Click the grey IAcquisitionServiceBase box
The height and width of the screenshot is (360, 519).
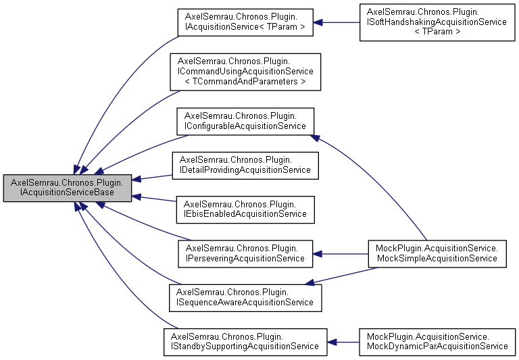point(67,188)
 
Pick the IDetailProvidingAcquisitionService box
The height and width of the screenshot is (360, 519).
point(245,165)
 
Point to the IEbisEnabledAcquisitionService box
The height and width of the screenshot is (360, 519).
point(245,209)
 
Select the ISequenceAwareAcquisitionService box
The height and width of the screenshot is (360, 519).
point(245,297)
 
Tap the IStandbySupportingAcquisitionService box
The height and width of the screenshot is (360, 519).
point(245,341)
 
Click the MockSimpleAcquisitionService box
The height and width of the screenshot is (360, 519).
point(437,254)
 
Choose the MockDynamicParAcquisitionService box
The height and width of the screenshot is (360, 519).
point(436,341)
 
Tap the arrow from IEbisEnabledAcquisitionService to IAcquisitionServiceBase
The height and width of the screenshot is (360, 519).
point(153,199)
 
